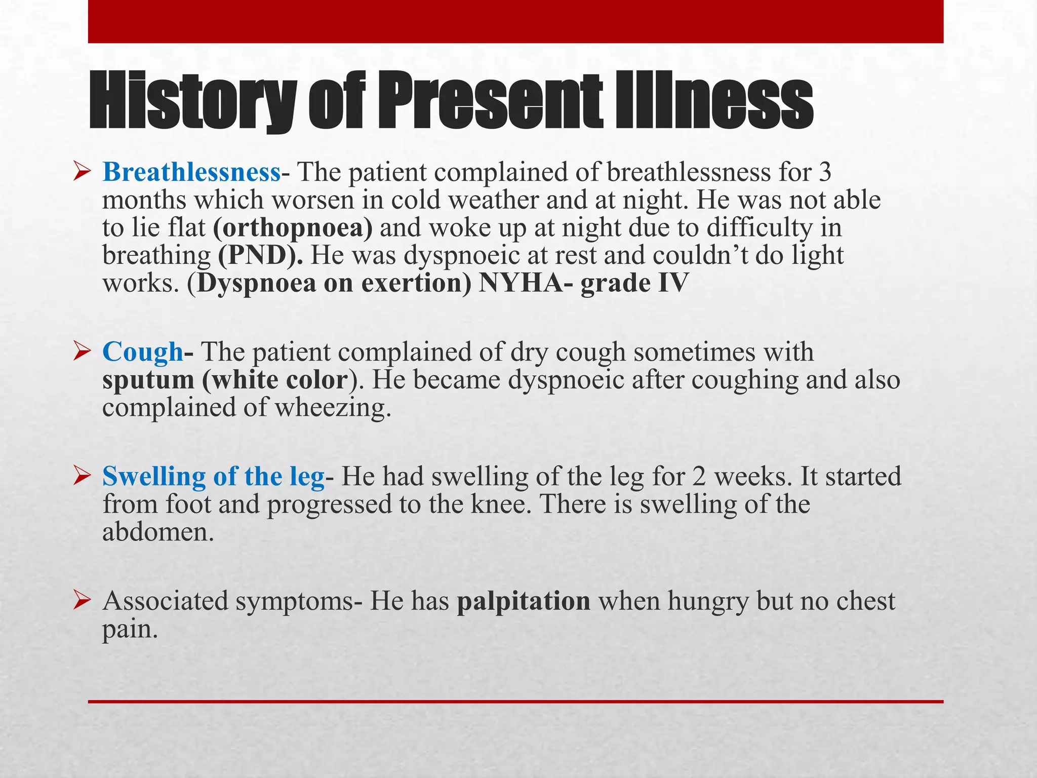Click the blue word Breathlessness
[x=191, y=173]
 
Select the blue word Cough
[x=142, y=352]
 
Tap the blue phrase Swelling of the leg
[x=213, y=477]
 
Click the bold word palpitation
[x=524, y=601]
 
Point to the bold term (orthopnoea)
[x=293, y=228]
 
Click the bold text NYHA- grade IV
[x=583, y=283]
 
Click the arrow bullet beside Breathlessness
[x=82, y=172]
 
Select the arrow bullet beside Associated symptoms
[x=82, y=601]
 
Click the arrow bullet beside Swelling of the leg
[x=82, y=476]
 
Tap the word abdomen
[x=157, y=532]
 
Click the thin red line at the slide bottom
[x=515, y=702]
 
